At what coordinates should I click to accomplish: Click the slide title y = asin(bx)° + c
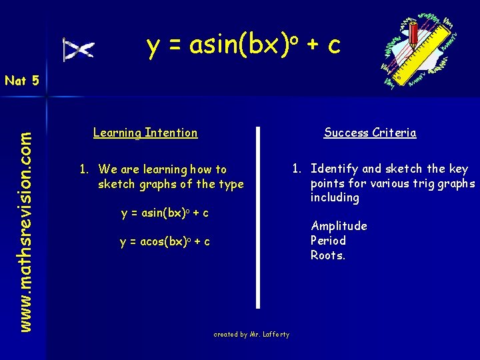(243, 45)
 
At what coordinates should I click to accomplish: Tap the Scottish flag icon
(79, 50)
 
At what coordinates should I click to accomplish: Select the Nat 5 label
(21, 81)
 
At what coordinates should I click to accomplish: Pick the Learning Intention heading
(145, 133)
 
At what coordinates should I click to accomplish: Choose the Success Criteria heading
(370, 133)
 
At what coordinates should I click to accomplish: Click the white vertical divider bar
(258, 217)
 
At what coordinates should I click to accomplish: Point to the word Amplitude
(339, 226)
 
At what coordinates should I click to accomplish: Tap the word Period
(328, 241)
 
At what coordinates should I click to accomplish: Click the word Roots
(328, 255)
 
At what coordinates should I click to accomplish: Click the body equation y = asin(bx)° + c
(165, 213)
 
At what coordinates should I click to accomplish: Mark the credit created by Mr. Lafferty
(251, 335)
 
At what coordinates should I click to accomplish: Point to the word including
(335, 198)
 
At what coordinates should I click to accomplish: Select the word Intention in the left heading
(172, 133)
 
